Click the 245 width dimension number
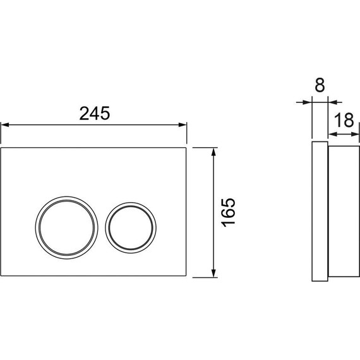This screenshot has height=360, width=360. pos(95,113)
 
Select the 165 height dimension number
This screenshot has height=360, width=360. pos(229,212)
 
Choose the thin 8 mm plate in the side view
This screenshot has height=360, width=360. pos(320,212)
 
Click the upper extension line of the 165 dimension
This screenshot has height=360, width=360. pos(205,147)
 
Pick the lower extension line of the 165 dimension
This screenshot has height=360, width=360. pos(205,277)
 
